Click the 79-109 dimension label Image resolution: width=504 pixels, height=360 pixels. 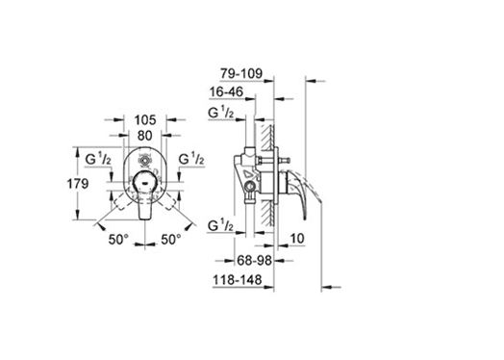[241, 74]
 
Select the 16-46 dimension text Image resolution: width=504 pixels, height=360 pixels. [226, 92]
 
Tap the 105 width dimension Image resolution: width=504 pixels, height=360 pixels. [145, 120]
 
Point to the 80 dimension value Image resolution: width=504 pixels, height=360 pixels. [145, 136]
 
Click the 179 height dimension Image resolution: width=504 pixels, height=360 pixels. [78, 184]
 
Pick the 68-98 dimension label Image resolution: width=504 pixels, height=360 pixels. [255, 260]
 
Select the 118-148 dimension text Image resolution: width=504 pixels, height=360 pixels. [238, 280]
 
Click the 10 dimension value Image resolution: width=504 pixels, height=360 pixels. [297, 239]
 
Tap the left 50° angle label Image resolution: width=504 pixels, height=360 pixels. [118, 239]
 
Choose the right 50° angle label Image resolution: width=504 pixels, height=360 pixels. [170, 239]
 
